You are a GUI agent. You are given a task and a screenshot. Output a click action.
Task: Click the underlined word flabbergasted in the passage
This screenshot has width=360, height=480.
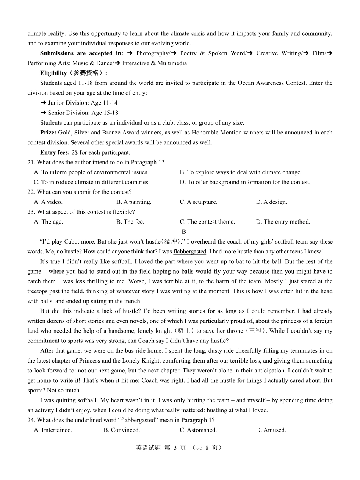tap(190, 252)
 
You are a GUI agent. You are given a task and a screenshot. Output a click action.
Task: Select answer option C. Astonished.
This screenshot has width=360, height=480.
tap(198, 430)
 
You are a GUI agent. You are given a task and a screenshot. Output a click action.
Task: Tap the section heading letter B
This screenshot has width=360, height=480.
tap(184, 231)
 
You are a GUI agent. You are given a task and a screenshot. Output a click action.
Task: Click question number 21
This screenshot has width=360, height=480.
tap(31, 163)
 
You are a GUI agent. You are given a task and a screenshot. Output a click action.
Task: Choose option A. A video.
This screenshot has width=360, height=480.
tap(48, 202)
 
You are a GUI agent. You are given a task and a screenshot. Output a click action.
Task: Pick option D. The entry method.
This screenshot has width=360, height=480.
tap(283, 222)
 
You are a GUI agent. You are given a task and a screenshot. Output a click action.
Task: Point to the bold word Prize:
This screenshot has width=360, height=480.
tap(48, 133)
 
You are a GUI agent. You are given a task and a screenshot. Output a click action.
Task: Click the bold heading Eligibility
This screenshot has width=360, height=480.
tap(53, 73)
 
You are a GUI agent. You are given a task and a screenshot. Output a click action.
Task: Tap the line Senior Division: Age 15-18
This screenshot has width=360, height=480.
tap(79, 113)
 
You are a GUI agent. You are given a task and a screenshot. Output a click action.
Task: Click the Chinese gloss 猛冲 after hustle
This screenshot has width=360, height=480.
tap(171, 242)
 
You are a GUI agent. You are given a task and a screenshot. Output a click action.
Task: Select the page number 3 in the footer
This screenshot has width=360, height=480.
tap(175, 448)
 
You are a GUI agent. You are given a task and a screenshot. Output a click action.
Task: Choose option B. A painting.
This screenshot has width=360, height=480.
tap(134, 202)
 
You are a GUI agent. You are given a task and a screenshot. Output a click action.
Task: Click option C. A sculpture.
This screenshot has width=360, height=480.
tap(199, 202)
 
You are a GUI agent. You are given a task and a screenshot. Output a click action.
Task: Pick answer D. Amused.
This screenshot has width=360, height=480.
tap(271, 430)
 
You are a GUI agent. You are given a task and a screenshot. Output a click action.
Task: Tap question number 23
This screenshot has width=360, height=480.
tap(31, 212)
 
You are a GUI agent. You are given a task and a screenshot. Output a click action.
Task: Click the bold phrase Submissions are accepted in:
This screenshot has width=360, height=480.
tap(81, 53)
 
